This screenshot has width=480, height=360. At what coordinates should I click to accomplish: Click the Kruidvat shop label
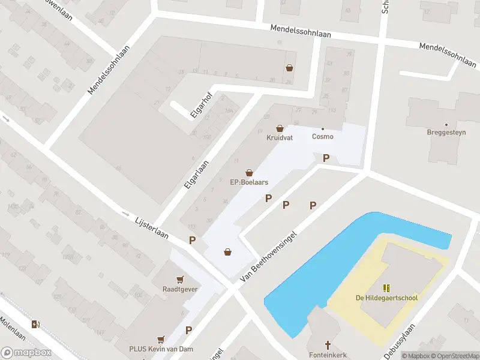tap(279, 137)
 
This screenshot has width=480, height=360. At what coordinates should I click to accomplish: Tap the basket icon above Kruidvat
tap(280, 128)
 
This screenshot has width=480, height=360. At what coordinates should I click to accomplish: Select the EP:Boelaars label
tap(249, 182)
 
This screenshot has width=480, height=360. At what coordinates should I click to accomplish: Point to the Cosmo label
tap(322, 136)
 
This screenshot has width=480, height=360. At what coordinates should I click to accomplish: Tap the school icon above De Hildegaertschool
tap(386, 288)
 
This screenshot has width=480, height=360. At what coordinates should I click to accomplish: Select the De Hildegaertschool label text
tap(386, 298)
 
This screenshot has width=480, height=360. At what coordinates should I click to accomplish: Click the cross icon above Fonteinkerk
tap(328, 345)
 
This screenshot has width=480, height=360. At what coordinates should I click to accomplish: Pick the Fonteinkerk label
tap(328, 355)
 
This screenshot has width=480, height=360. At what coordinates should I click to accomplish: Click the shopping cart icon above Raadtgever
tap(179, 280)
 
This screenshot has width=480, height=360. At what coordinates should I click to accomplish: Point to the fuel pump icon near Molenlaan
tap(37, 325)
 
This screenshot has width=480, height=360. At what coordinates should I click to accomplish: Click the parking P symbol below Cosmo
tap(326, 158)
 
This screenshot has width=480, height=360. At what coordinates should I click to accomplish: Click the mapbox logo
tap(25, 353)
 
